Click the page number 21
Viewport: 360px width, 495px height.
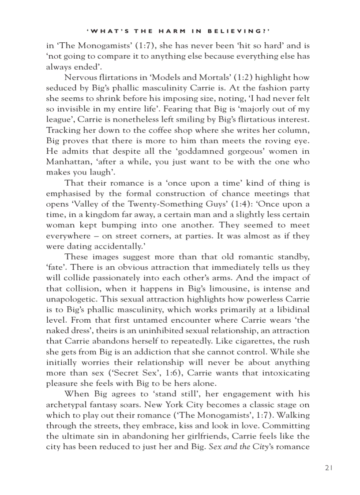(x=328, y=468)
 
